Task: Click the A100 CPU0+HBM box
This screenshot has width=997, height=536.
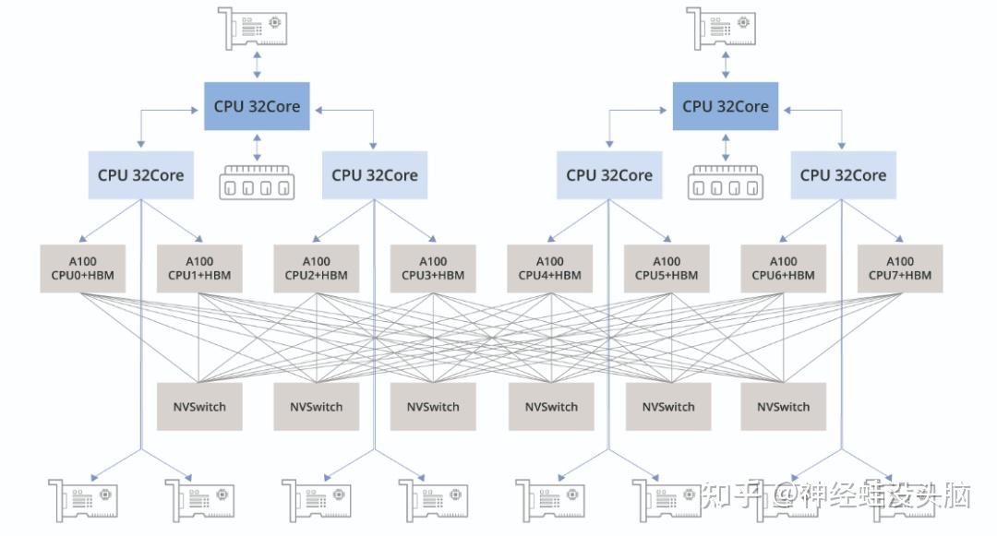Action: tap(82, 268)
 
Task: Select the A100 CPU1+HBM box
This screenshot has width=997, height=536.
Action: tap(199, 268)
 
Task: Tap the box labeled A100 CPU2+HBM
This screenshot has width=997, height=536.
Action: tap(316, 268)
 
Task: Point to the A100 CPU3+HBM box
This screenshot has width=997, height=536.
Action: tap(433, 268)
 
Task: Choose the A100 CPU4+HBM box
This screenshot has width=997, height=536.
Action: tap(549, 268)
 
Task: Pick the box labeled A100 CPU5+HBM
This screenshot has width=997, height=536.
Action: tap(667, 268)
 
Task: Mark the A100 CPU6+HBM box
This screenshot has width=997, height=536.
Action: tap(783, 268)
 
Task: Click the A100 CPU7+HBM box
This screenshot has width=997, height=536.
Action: tap(900, 268)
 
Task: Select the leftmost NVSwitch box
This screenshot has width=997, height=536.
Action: tap(199, 406)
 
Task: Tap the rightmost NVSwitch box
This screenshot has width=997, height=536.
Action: tap(783, 406)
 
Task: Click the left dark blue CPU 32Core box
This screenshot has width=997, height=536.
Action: tap(257, 106)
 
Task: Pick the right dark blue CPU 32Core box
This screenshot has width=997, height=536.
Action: tap(726, 106)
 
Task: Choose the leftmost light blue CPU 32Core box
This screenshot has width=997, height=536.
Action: tap(141, 175)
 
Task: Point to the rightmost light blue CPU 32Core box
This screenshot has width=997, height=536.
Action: tap(843, 175)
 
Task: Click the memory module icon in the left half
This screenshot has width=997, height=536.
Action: tap(257, 182)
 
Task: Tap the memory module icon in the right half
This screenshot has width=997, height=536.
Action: tap(726, 182)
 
